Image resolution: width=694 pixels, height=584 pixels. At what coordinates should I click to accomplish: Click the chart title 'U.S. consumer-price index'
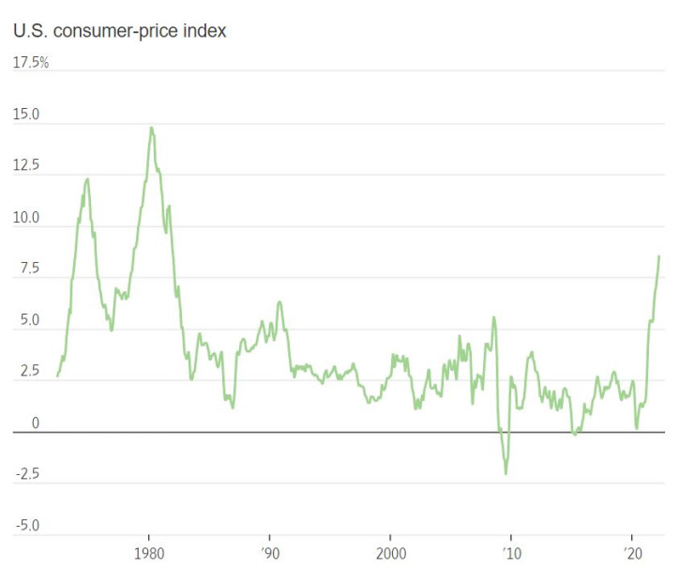point(119,31)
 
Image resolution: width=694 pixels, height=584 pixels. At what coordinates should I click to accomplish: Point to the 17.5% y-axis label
point(30,63)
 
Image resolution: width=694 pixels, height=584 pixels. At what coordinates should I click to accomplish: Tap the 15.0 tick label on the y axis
point(25,115)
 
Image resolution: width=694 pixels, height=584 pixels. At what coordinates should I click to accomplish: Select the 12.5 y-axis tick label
point(25,166)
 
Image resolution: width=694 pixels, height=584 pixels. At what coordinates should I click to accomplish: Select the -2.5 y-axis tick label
point(26,474)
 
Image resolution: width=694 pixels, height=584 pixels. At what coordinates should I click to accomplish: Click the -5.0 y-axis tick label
point(26,526)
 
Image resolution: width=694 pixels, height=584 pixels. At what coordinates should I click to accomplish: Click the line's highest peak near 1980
point(151,128)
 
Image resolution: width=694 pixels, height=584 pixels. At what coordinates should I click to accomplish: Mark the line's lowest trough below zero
point(506,473)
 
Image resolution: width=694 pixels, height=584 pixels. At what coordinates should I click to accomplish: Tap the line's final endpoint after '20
point(659,256)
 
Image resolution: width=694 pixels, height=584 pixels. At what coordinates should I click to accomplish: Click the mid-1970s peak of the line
point(87,178)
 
